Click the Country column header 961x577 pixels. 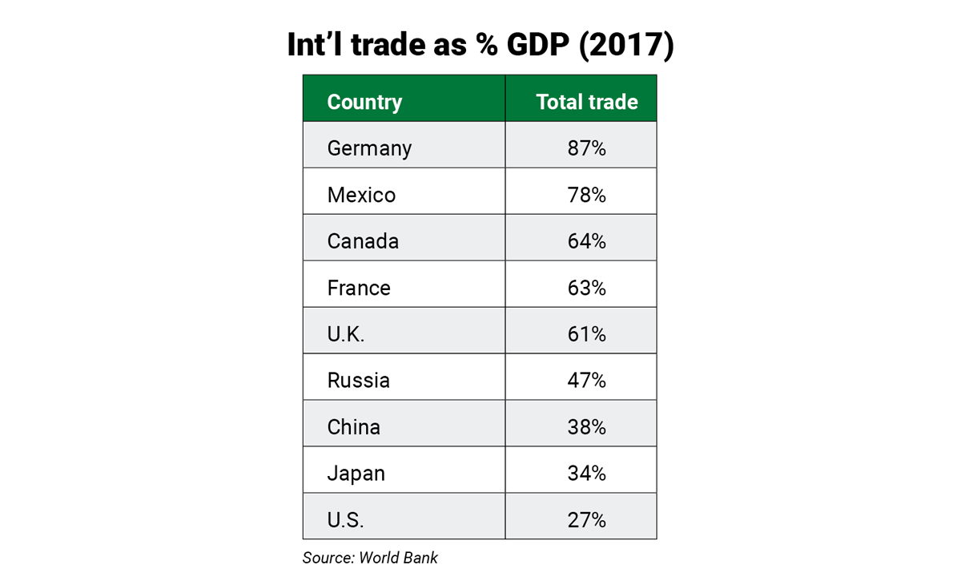tap(364, 103)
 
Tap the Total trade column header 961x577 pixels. tap(587, 103)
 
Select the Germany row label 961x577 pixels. tap(369, 149)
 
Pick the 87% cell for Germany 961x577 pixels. tap(586, 148)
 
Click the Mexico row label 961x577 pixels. tap(361, 195)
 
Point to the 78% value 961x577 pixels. tap(586, 195)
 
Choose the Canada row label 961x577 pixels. tap(363, 241)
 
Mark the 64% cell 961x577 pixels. tap(586, 241)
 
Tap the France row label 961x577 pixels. tap(359, 288)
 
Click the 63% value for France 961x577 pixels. tap(586, 288)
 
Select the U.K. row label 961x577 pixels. tap(346, 334)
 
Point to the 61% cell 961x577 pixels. tap(586, 334)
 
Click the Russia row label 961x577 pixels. tap(359, 381)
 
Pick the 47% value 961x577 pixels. tap(586, 381)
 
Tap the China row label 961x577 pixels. tap(353, 427)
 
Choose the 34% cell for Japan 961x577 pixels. tap(586, 474)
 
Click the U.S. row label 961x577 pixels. tap(345, 520)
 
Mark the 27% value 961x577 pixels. tap(586, 520)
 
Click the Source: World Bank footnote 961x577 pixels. tap(370, 558)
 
